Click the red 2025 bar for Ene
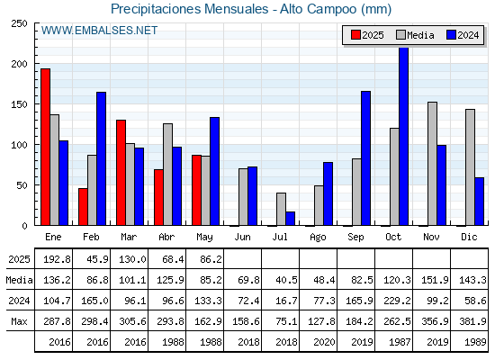point(45,147)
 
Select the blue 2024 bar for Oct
point(403,136)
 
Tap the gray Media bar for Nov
point(432,164)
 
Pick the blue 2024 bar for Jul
point(290,219)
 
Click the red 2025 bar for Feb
point(83,207)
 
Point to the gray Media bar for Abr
point(167,175)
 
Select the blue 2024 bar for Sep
point(365,158)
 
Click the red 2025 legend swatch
point(355,35)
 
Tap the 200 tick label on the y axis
point(19,64)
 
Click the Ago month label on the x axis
point(318,238)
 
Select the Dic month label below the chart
point(469,237)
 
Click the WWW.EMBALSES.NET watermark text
point(99,31)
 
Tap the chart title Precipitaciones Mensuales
point(189,9)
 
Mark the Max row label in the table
point(19,321)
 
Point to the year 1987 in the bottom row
point(400,342)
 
